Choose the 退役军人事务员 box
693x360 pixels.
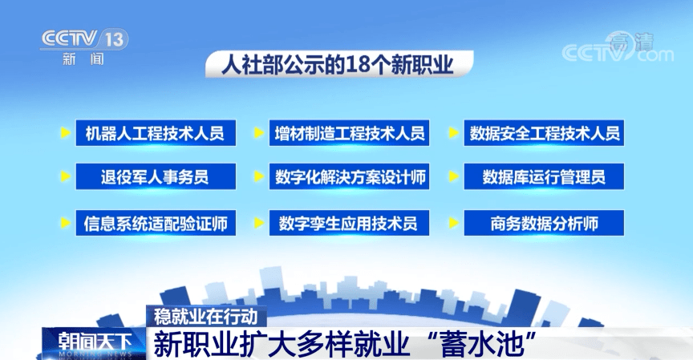pyautogui.click(x=155, y=177)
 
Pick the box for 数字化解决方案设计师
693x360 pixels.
pyautogui.click(x=349, y=177)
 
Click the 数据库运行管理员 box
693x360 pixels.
pyautogui.click(x=544, y=177)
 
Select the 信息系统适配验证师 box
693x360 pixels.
pyautogui.click(x=155, y=223)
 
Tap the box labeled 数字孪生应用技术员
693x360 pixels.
pyautogui.click(x=349, y=223)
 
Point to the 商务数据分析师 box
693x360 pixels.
pyautogui.click(x=544, y=223)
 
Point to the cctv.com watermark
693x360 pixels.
pyautogui.click(x=618, y=50)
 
